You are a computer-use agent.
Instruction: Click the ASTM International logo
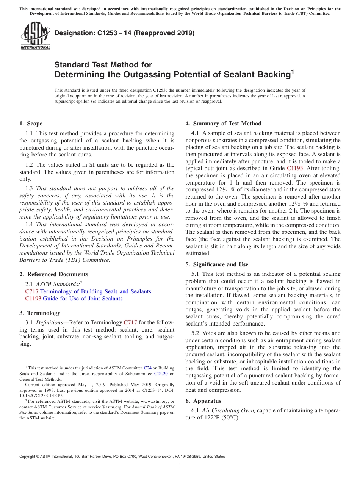[35, 36]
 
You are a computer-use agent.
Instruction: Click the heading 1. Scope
[31, 124]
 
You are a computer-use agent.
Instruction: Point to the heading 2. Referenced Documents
[53, 274]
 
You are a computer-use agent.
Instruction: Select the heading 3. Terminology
[40, 313]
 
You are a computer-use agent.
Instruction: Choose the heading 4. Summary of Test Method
[223, 124]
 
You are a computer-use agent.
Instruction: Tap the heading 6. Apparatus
[203, 401]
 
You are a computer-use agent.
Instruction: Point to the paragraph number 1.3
[29, 188]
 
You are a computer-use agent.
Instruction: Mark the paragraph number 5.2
[196, 333]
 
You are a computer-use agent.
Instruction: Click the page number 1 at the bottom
[180, 466]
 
